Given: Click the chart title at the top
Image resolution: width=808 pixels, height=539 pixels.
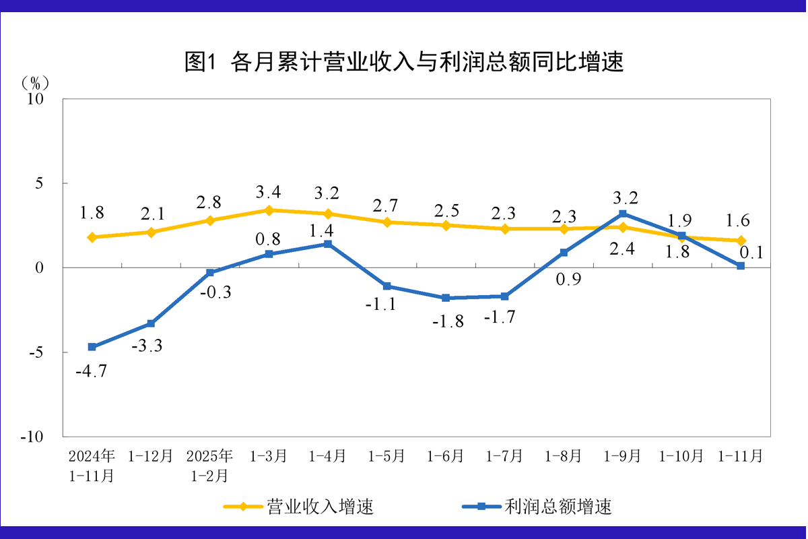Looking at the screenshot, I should pos(404,63).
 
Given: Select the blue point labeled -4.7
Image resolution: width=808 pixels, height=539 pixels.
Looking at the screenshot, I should pos(92,347).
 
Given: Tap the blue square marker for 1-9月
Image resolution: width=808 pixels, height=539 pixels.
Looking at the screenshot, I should pos(623,214).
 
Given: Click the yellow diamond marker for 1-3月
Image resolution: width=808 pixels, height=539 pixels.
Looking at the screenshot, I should pos(269,210).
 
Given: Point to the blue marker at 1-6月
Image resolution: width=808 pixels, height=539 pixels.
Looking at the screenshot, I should pos(446,298).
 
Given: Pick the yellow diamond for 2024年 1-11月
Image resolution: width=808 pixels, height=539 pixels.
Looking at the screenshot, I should pos(92,237).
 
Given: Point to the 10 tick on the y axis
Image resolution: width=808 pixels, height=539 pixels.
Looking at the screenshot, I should pos(35,99).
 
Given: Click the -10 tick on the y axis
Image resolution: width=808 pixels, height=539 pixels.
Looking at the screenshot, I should pos(32,437).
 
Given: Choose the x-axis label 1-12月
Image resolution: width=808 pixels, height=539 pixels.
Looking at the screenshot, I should pos(151,456).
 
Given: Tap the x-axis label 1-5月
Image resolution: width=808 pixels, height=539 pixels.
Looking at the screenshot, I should pos(386,456).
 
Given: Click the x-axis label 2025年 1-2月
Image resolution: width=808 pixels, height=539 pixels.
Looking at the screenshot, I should pos(210,466).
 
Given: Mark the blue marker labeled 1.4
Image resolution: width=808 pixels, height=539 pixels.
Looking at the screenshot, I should pos(328,244).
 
